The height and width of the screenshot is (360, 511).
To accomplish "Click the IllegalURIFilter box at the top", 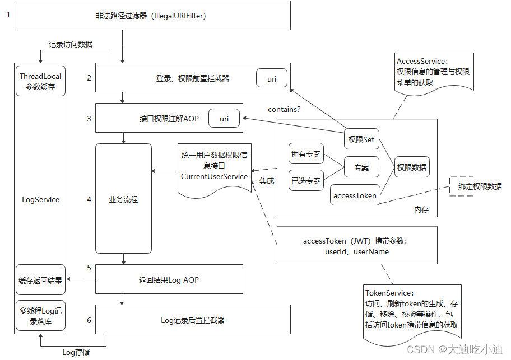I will tap(152, 16).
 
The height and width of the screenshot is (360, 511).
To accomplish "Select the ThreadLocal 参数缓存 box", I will tap(40, 81).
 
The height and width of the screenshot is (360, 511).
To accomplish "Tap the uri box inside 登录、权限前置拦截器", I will tap(272, 79).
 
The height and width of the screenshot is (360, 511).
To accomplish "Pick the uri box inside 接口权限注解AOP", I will tap(224, 119).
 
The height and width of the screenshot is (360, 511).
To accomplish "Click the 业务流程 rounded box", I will tap(123, 199).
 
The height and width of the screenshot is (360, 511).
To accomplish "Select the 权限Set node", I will tap(361, 139).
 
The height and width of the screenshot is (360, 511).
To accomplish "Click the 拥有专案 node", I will tap(306, 154).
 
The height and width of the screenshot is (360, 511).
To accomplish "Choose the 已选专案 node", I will tap(306, 181).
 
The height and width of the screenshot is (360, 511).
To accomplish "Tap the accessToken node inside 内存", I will tap(355, 195).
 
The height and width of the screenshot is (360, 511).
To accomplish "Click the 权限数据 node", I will tap(412, 167).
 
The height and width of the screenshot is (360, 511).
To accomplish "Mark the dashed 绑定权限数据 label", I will tap(480, 186).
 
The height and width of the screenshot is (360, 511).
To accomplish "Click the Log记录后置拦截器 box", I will tap(193, 320).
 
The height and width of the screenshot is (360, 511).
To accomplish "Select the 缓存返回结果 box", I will tap(40, 279).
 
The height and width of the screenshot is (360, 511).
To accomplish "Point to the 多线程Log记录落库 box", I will tap(40, 315).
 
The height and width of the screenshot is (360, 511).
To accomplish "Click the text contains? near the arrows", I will tap(284, 109).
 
